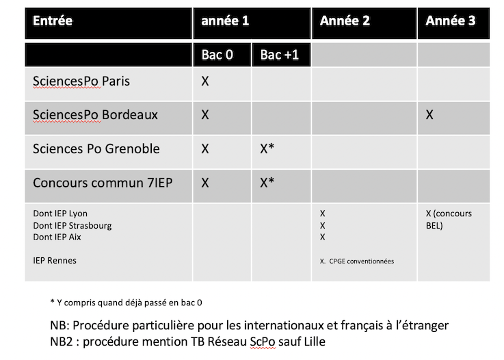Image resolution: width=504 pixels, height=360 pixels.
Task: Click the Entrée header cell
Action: tap(53, 21)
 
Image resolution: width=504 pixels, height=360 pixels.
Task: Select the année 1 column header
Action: tap(224, 21)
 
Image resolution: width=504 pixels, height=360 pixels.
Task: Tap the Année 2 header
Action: tap(345, 21)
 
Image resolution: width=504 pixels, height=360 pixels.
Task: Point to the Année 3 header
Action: tap(450, 21)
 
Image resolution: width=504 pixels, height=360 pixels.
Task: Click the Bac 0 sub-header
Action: tap(217, 55)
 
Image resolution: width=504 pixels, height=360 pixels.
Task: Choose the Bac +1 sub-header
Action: tap(279, 55)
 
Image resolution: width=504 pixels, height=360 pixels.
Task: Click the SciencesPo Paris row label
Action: tap(81, 81)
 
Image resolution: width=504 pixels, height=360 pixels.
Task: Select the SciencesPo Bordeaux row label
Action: tap(95, 115)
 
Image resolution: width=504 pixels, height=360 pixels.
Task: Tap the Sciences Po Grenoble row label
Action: tap(96, 149)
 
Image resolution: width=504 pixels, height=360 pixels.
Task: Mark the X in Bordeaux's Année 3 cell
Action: tap(429, 115)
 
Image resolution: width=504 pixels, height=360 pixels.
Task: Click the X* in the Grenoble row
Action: tap(267, 149)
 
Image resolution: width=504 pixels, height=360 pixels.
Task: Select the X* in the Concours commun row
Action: tap(267, 183)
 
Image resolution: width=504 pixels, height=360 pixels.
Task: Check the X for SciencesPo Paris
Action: tap(205, 81)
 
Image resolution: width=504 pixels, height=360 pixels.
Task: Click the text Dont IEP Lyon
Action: tap(60, 214)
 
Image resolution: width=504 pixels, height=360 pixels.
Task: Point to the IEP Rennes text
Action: tap(55, 260)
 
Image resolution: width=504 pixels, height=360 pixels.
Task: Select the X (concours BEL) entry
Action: tap(449, 219)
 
